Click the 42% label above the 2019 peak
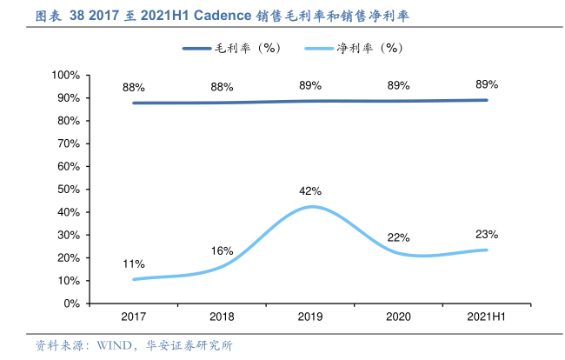[x=310, y=191]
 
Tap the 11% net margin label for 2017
[x=134, y=263]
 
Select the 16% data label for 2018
[x=222, y=251]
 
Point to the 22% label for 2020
[x=399, y=237]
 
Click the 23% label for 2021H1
[x=487, y=234]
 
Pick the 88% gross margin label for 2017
[x=134, y=88]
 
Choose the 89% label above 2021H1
[x=487, y=84]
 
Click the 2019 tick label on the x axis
[x=310, y=317]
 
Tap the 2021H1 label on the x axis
[x=487, y=317]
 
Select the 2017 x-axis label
[x=134, y=317]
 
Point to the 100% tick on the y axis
[x=66, y=76]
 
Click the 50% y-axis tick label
[x=69, y=190]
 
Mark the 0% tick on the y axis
[x=71, y=303]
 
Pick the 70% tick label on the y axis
[x=69, y=144]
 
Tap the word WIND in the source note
[x=104, y=345]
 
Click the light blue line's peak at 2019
[x=310, y=207]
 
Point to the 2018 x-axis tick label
[x=222, y=317]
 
